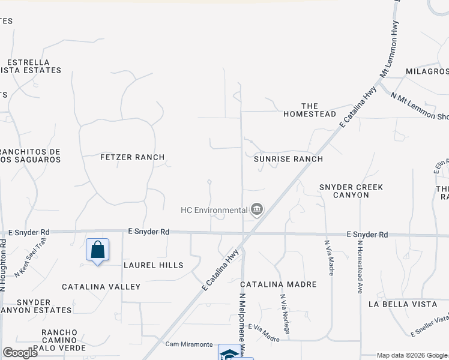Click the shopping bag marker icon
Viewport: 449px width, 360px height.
pyautogui.click(x=97, y=250)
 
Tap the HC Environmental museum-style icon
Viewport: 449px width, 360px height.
pyautogui.click(x=256, y=209)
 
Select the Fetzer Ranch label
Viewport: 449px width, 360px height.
pyautogui.click(x=132, y=157)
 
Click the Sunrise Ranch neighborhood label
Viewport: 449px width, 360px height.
pyautogui.click(x=288, y=159)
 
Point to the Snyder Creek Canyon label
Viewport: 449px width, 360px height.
pyautogui.click(x=351, y=191)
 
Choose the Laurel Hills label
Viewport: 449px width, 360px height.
pyautogui.click(x=153, y=265)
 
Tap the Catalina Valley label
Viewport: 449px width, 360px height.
pyautogui.click(x=101, y=287)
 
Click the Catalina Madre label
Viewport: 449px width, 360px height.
pyautogui.click(x=278, y=284)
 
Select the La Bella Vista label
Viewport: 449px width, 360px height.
pyautogui.click(x=403, y=304)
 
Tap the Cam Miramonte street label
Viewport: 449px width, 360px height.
pyautogui.click(x=189, y=344)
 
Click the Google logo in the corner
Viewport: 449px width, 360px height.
pyautogui.click(x=20, y=353)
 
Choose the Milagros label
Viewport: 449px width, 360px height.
pyautogui.click(x=427, y=71)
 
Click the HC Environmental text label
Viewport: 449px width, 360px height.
pyautogui.click(x=214, y=210)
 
